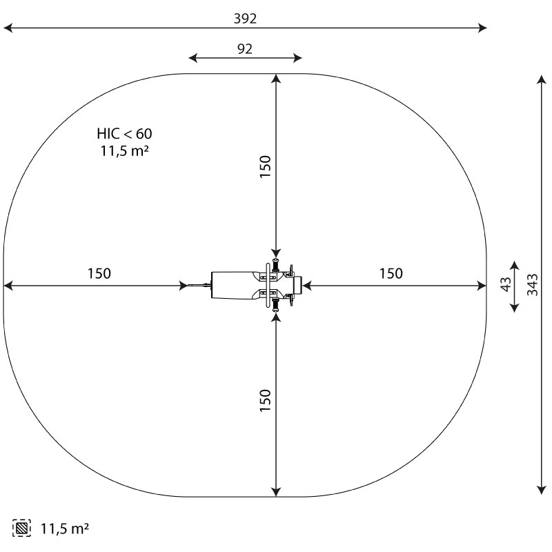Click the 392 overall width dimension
[245, 19]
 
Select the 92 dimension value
[245, 49]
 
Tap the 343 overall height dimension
[533, 284]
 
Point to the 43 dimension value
[506, 284]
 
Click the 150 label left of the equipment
[99, 273]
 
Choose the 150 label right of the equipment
[391, 273]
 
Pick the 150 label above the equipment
[265, 166]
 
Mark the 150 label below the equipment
[265, 400]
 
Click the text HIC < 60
[124, 134]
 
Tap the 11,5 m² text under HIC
[124, 150]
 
